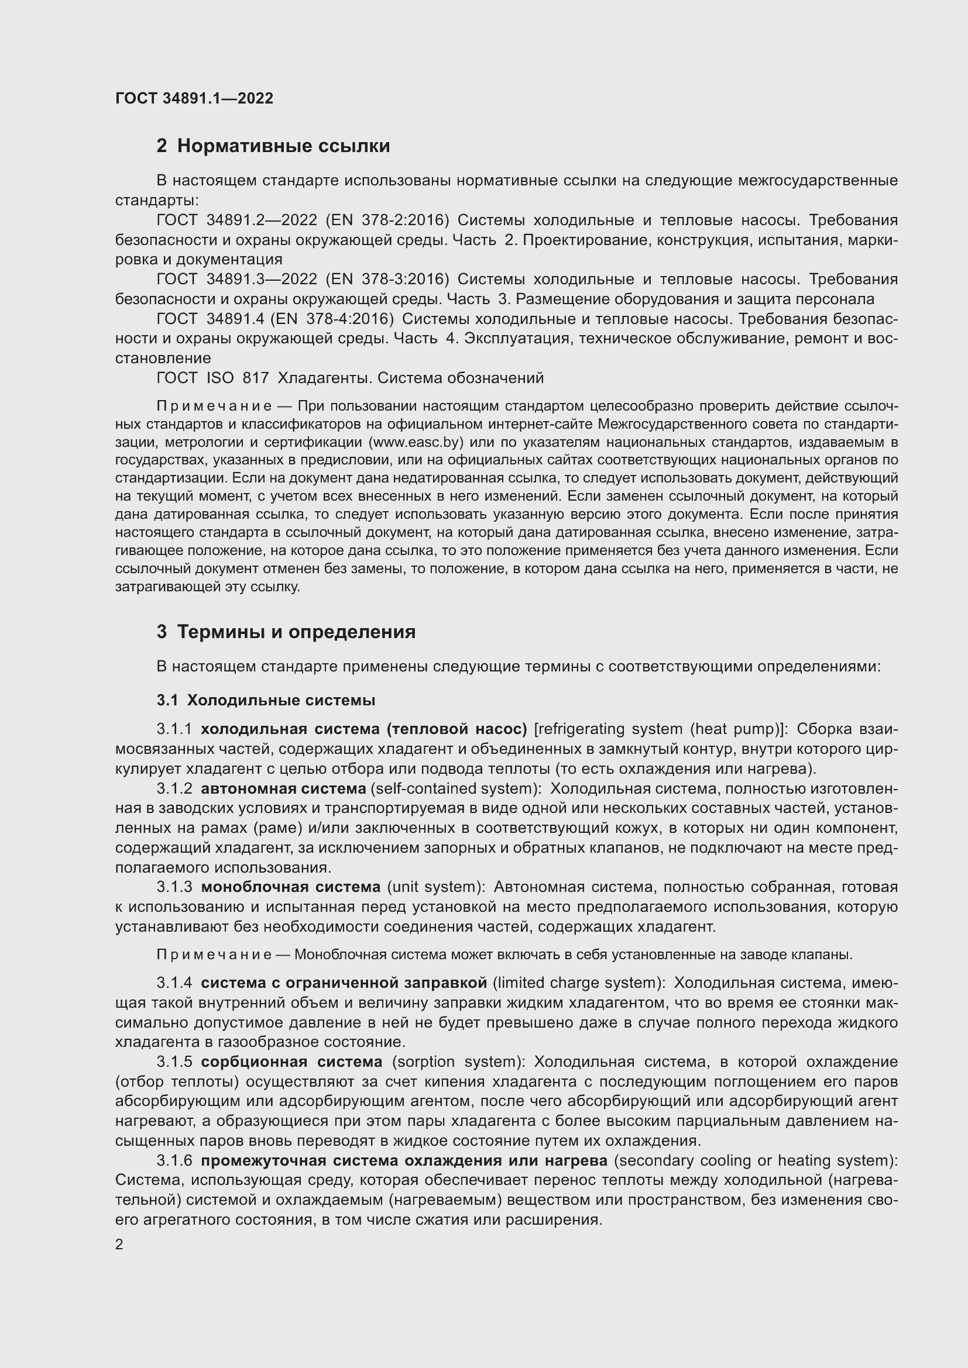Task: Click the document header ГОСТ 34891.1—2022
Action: pos(194,98)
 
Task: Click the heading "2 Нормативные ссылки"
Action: pos(273,146)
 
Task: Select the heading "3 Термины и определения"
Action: pos(286,632)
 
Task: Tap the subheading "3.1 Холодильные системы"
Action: pos(266,700)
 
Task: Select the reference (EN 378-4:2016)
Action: pos(332,319)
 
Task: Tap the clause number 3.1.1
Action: pos(174,729)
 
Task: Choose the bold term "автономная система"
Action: pos(284,788)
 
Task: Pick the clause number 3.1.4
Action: pos(174,983)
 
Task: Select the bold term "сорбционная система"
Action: pos(291,1062)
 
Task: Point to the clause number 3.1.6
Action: pos(174,1160)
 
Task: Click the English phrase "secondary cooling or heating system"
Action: pos(754,1160)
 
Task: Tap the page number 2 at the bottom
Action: pos(119,1245)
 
